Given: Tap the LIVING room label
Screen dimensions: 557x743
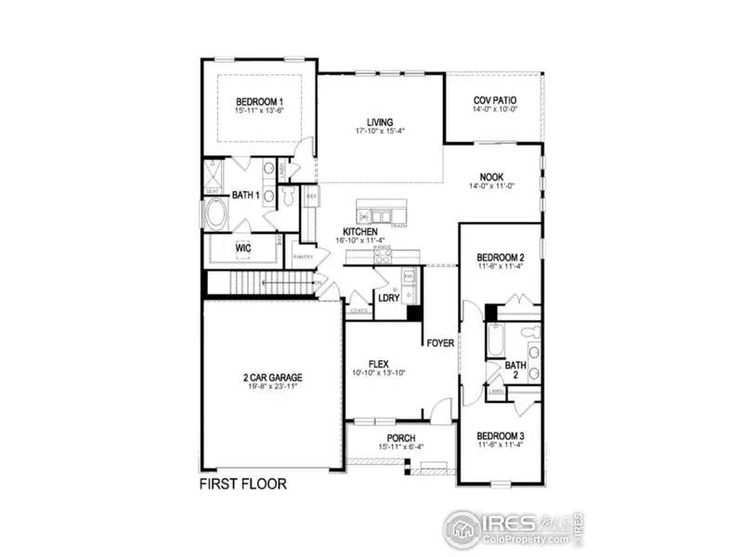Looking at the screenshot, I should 379,122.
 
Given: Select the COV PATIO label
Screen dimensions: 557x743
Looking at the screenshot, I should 492,100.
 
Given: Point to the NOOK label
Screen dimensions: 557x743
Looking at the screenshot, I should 491,176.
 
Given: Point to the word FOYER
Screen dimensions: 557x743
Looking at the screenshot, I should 440,343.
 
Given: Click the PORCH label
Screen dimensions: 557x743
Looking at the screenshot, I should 401,438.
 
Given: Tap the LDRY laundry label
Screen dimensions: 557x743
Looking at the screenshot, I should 387,298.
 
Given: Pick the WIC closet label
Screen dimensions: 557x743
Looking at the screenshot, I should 243,249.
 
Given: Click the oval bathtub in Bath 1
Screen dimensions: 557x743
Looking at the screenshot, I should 219,215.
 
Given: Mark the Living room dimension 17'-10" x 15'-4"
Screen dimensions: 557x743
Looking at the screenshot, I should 379,132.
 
